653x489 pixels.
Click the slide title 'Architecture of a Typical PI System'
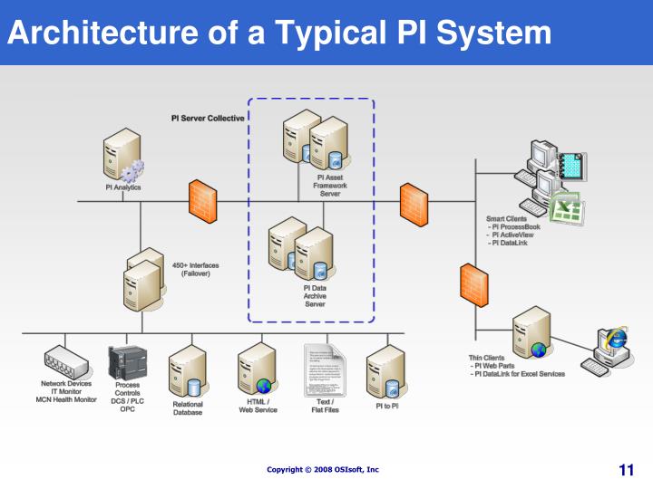coord(279,33)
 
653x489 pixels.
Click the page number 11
coord(626,470)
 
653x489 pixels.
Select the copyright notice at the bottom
coord(323,470)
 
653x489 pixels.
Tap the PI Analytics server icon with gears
coord(122,156)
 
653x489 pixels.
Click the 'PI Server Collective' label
coord(208,119)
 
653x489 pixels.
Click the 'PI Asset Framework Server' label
coord(329,186)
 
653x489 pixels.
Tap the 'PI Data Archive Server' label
coord(315,296)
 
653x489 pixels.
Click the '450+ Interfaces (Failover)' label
coord(195,270)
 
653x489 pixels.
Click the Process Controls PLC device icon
coord(126,362)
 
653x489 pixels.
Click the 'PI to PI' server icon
coord(385,371)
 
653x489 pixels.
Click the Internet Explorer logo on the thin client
coord(618,338)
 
